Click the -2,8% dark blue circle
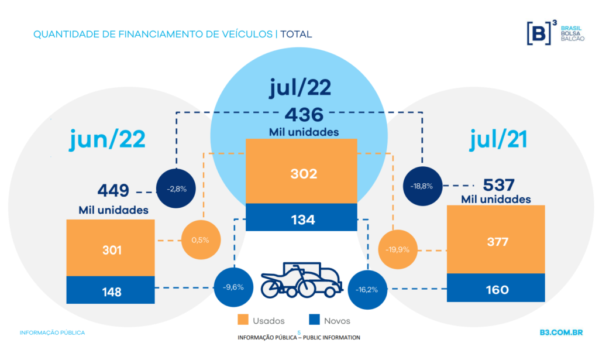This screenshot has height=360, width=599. click(x=176, y=188)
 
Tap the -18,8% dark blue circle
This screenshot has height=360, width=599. click(x=422, y=186)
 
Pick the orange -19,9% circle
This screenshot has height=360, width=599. click(x=397, y=249)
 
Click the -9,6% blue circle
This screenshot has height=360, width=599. click(x=233, y=287)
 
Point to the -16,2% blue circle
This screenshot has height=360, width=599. click(x=367, y=289)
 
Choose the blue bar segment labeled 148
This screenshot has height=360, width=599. click(x=111, y=290)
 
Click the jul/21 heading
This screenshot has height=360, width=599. click(x=498, y=139)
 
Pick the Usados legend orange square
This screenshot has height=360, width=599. click(x=243, y=320)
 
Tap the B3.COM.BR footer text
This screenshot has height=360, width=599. click(x=561, y=332)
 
